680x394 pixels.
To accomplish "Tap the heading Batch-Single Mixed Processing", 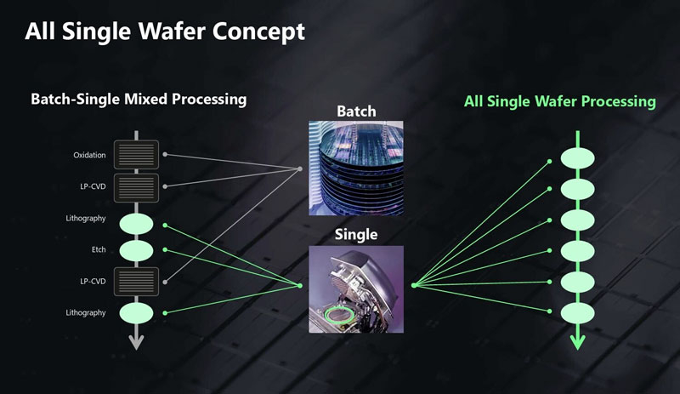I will tap(139, 100).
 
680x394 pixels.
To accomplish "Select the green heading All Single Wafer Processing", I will tap(559, 101).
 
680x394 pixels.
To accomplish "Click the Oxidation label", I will tap(89, 155).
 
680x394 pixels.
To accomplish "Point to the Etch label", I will tap(98, 250).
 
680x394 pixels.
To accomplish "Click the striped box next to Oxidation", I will tap(137, 154).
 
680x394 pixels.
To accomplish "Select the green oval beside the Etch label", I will tap(137, 250).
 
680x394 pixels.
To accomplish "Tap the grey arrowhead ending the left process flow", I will tap(137, 342).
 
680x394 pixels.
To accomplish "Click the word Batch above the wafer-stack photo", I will tap(355, 111).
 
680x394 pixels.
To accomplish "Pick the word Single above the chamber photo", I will tap(356, 234).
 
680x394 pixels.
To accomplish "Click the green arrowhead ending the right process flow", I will tap(578, 342).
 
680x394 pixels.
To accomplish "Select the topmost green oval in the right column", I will tap(578, 159).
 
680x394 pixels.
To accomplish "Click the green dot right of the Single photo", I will tap(413, 286).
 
